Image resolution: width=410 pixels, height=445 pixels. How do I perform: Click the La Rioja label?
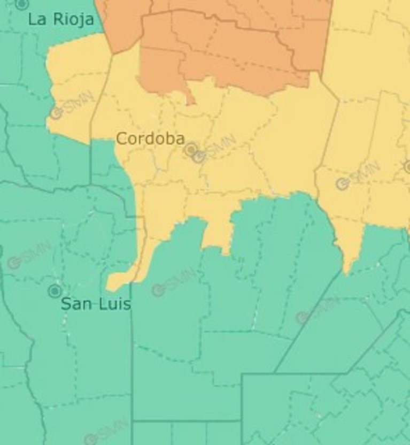click(x=60, y=20)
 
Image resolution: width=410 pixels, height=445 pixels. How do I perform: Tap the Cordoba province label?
click(x=150, y=139)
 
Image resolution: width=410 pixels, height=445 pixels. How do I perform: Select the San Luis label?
click(x=95, y=304)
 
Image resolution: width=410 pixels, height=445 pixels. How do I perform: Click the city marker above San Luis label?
click(x=55, y=291)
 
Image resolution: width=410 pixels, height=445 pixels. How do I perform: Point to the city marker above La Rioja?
click(x=21, y=4)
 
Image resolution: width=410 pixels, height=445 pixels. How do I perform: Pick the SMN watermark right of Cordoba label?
click(x=214, y=150)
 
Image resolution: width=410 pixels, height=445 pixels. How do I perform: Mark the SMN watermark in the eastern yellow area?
click(x=359, y=176)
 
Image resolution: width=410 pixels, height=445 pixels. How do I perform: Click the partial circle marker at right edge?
click(x=407, y=167)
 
